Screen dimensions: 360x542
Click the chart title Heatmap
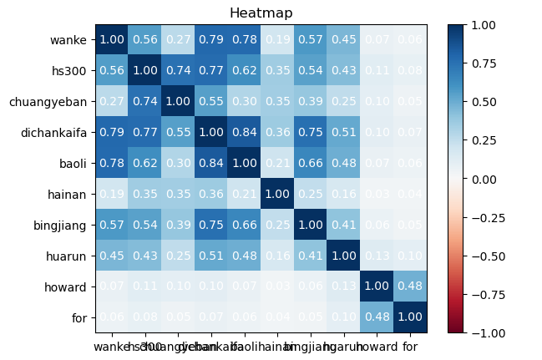(261, 13)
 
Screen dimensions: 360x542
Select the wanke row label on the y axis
(68, 39)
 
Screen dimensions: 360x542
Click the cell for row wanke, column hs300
(144, 39)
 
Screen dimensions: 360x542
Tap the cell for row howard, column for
(410, 286)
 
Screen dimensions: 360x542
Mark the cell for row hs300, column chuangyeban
(178, 70)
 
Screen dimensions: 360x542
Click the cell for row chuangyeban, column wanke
(111, 101)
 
